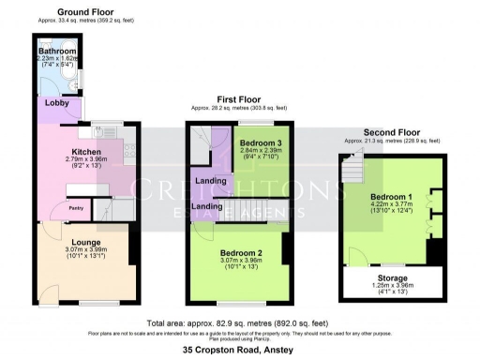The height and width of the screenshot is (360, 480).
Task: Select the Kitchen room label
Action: (86, 150)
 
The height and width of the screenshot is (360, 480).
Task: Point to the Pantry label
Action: (76, 207)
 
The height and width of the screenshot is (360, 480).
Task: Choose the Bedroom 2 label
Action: (241, 253)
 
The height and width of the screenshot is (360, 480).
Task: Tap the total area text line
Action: (239, 321)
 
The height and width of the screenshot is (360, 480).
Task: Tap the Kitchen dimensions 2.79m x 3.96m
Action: (86, 159)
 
